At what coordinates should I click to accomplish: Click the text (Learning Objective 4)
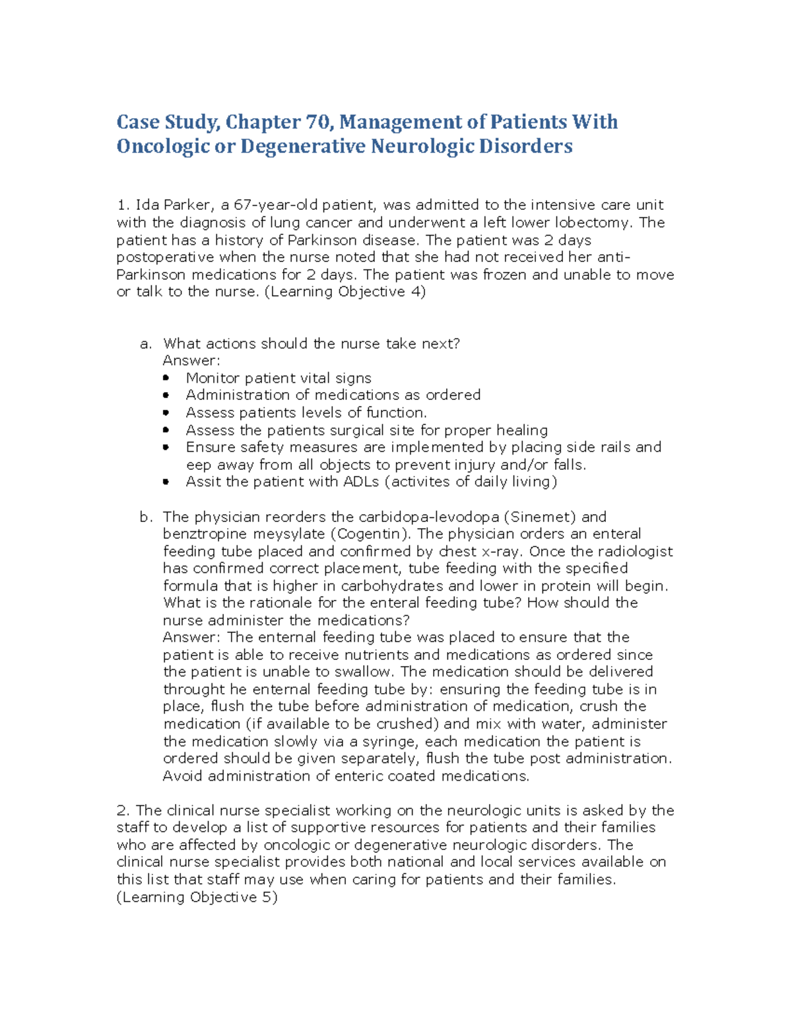(345, 292)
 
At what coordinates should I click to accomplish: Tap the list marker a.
(146, 344)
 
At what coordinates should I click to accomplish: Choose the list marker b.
(146, 517)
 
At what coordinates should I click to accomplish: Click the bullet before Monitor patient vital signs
(166, 378)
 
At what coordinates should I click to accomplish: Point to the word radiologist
(636, 551)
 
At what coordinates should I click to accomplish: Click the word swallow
(368, 672)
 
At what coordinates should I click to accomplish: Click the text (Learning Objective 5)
(197, 897)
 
